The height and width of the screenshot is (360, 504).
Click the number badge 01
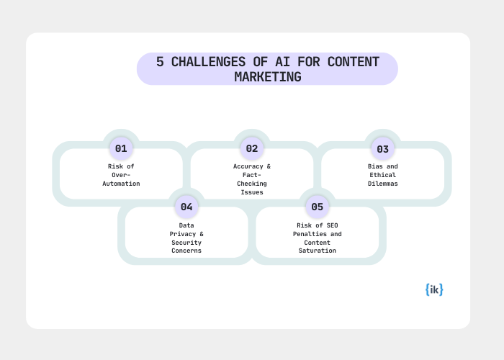pos(121,149)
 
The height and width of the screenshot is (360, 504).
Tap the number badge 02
pos(252,149)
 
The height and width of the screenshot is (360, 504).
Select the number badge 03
pos(382,149)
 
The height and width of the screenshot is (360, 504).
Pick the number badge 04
pos(186,207)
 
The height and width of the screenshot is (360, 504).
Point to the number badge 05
pos(317,207)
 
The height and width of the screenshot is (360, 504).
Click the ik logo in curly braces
pos(434,289)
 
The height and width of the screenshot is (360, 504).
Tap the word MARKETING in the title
pos(267,76)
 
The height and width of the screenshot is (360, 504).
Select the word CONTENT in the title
pos(353,62)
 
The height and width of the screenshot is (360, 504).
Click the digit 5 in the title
pos(161,62)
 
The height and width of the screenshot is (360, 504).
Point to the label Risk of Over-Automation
pos(121,175)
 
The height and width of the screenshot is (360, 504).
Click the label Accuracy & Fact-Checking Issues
pos(252,179)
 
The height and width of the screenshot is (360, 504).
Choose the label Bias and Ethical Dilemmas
pos(382,175)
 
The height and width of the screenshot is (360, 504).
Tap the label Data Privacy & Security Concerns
pos(186,238)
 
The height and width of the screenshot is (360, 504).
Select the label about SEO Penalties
pos(317,238)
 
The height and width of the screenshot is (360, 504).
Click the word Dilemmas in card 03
pos(382,184)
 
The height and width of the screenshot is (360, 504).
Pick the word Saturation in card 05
pos(317,251)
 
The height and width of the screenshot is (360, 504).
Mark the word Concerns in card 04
pos(186,251)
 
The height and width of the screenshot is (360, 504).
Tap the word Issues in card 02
pos(252,192)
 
